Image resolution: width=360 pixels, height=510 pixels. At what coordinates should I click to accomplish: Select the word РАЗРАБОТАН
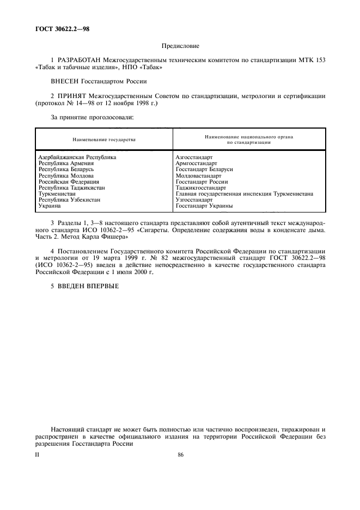80,59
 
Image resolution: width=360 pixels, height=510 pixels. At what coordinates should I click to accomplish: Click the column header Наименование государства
104,139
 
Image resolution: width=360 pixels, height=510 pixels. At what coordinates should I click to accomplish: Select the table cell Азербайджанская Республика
77,157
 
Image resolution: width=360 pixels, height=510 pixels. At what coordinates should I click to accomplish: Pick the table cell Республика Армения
66,163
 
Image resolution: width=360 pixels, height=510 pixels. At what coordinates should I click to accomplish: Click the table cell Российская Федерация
68,181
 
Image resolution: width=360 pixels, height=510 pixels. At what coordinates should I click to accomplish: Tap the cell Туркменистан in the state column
57,193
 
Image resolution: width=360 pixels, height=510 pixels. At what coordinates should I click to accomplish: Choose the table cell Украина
50,206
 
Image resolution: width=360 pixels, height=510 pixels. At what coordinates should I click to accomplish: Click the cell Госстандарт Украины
205,206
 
